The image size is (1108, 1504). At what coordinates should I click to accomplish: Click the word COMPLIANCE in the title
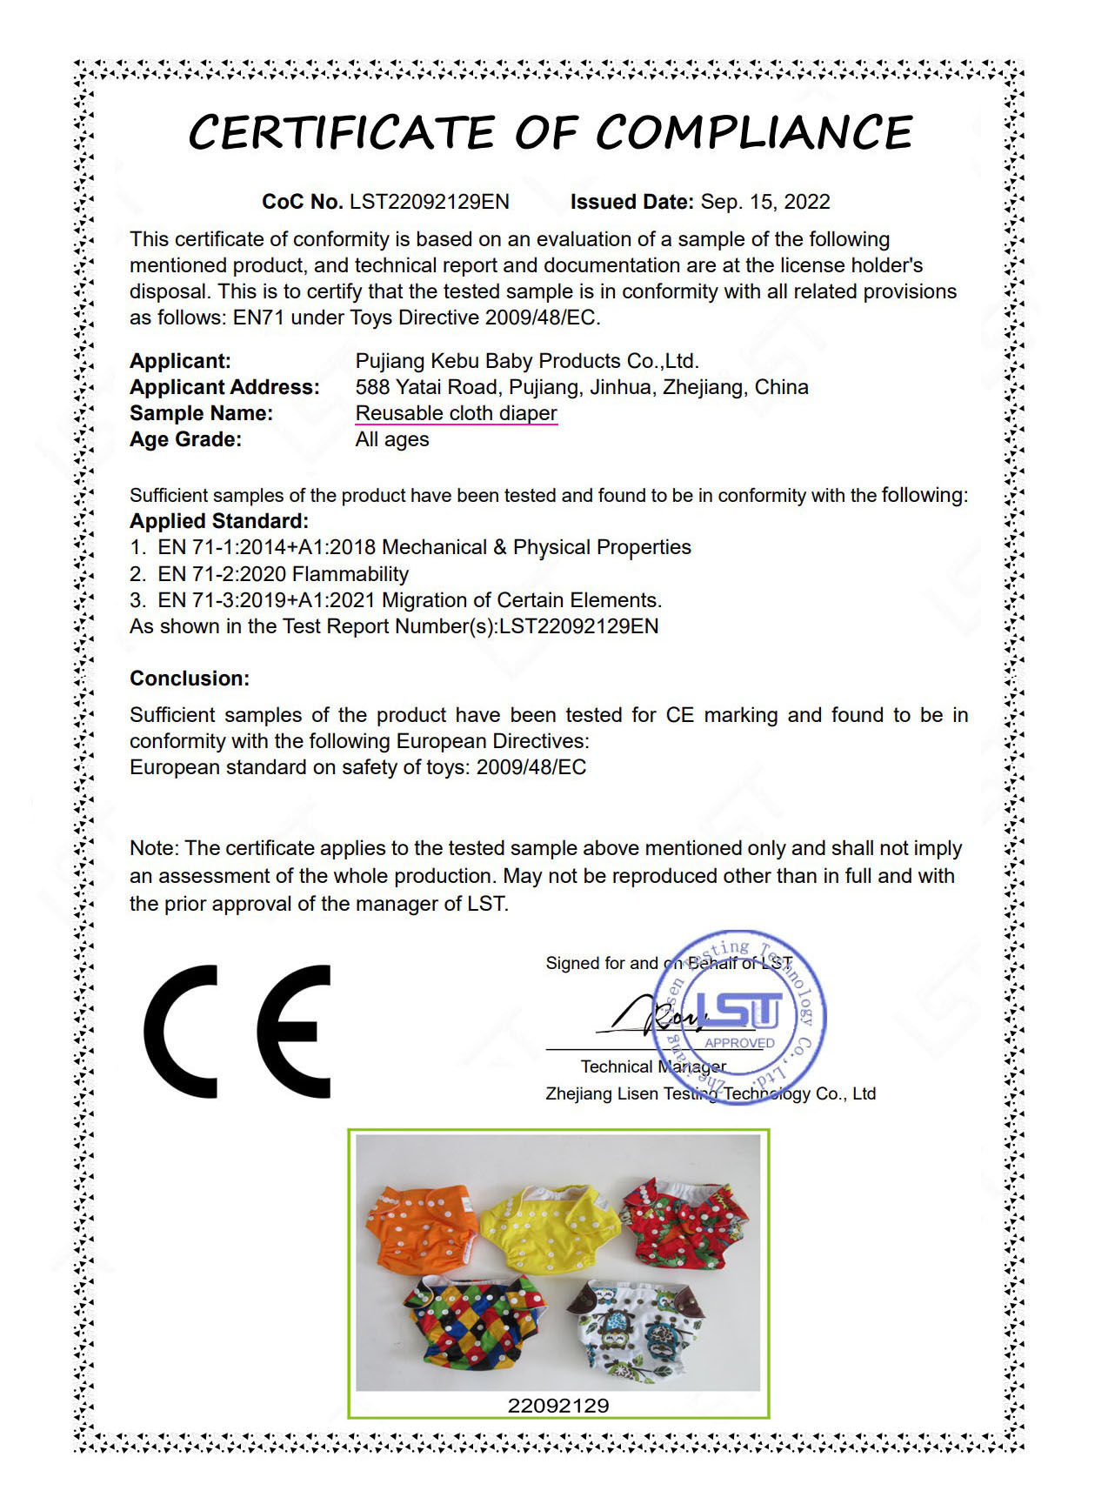[x=753, y=133]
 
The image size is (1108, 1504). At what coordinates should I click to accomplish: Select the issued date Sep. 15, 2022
[x=765, y=202]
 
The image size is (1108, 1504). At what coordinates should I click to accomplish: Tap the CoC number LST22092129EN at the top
[x=429, y=202]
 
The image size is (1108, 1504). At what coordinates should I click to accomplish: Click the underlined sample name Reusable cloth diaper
[x=456, y=413]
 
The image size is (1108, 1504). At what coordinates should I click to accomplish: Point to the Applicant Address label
[x=224, y=387]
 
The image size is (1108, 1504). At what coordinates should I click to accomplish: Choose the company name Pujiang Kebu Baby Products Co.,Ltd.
[x=527, y=361]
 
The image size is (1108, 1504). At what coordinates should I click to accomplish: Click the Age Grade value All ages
[x=391, y=439]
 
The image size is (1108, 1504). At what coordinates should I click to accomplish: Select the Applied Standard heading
[x=219, y=521]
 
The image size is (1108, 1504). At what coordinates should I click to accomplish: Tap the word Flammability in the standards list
[x=350, y=574]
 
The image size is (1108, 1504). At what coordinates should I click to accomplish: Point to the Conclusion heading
[x=190, y=678]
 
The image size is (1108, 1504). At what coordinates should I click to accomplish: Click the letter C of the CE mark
[x=181, y=1032]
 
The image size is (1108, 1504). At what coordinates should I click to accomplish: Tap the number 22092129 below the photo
[x=557, y=1406]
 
